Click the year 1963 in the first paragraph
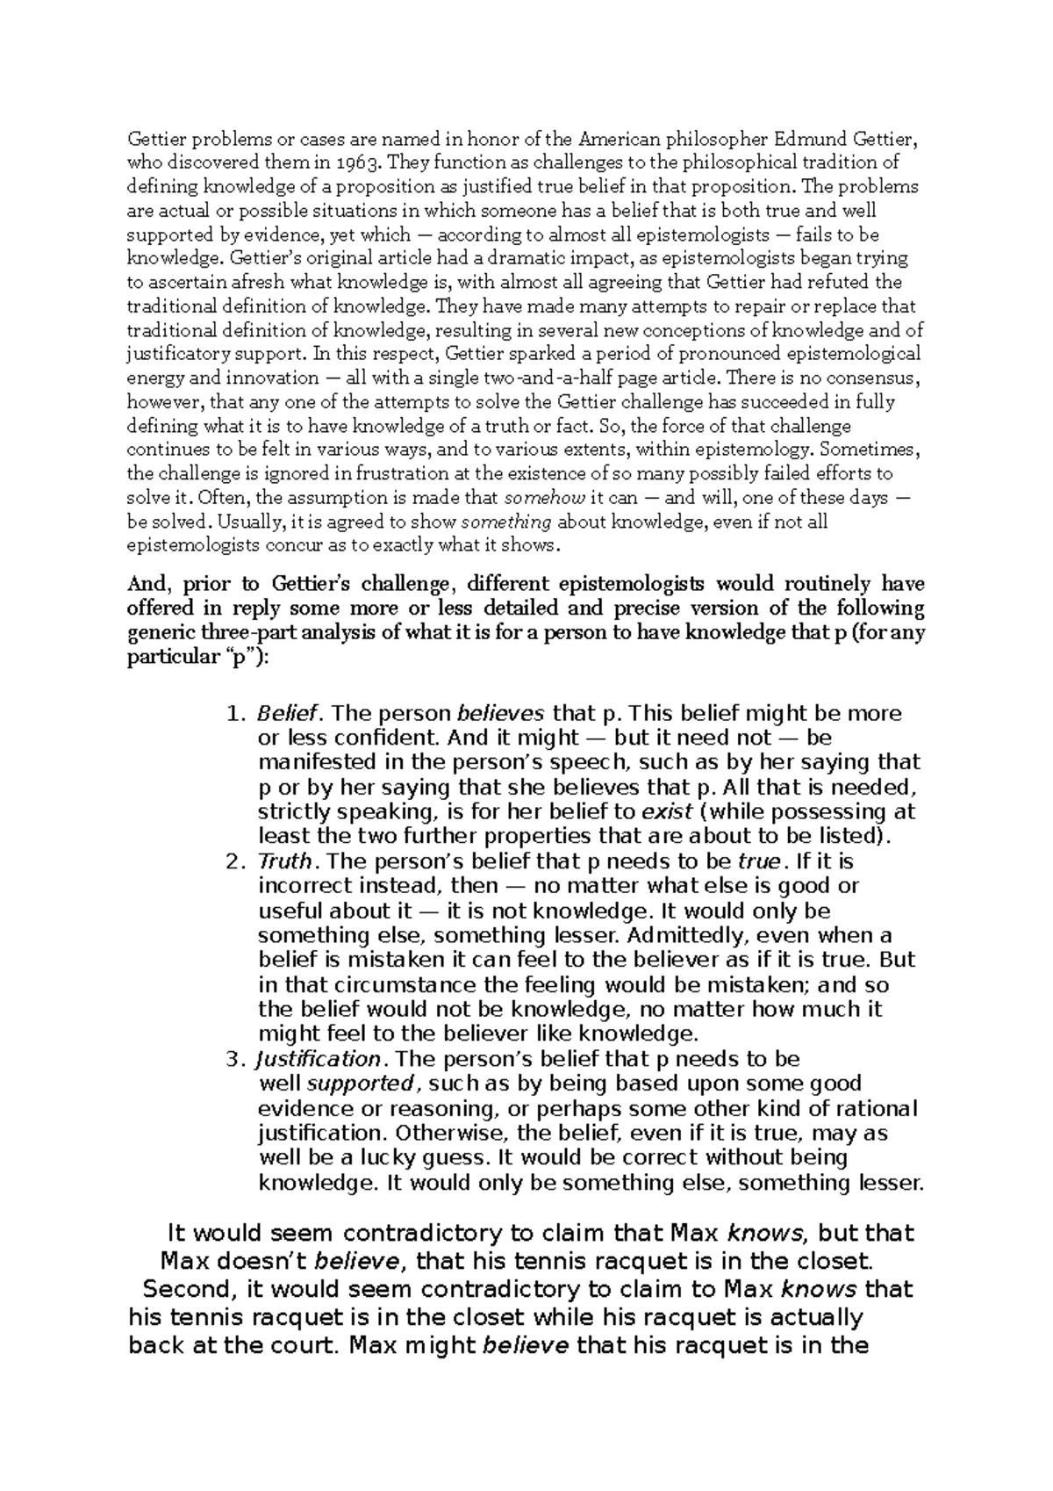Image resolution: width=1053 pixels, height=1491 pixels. [362, 162]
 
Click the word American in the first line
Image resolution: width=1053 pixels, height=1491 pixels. [617, 139]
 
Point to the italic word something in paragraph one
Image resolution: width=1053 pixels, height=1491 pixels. [506, 522]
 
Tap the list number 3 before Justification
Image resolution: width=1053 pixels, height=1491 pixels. [233, 1059]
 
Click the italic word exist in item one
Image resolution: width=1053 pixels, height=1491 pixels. [668, 811]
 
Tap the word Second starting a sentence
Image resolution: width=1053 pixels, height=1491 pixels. [188, 1290]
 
